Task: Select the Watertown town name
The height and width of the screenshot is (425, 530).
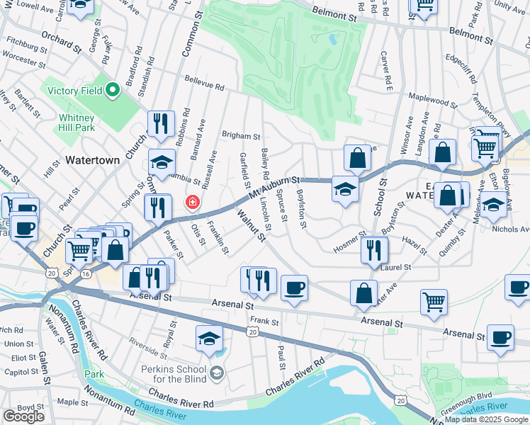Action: (92, 160)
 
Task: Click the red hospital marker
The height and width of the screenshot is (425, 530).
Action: (191, 203)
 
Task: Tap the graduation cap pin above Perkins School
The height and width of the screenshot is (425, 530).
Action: (209, 339)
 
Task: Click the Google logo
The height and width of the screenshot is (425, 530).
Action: (24, 416)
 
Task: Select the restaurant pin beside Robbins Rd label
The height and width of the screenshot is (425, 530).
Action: (162, 124)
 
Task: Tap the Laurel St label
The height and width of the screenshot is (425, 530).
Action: (397, 267)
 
